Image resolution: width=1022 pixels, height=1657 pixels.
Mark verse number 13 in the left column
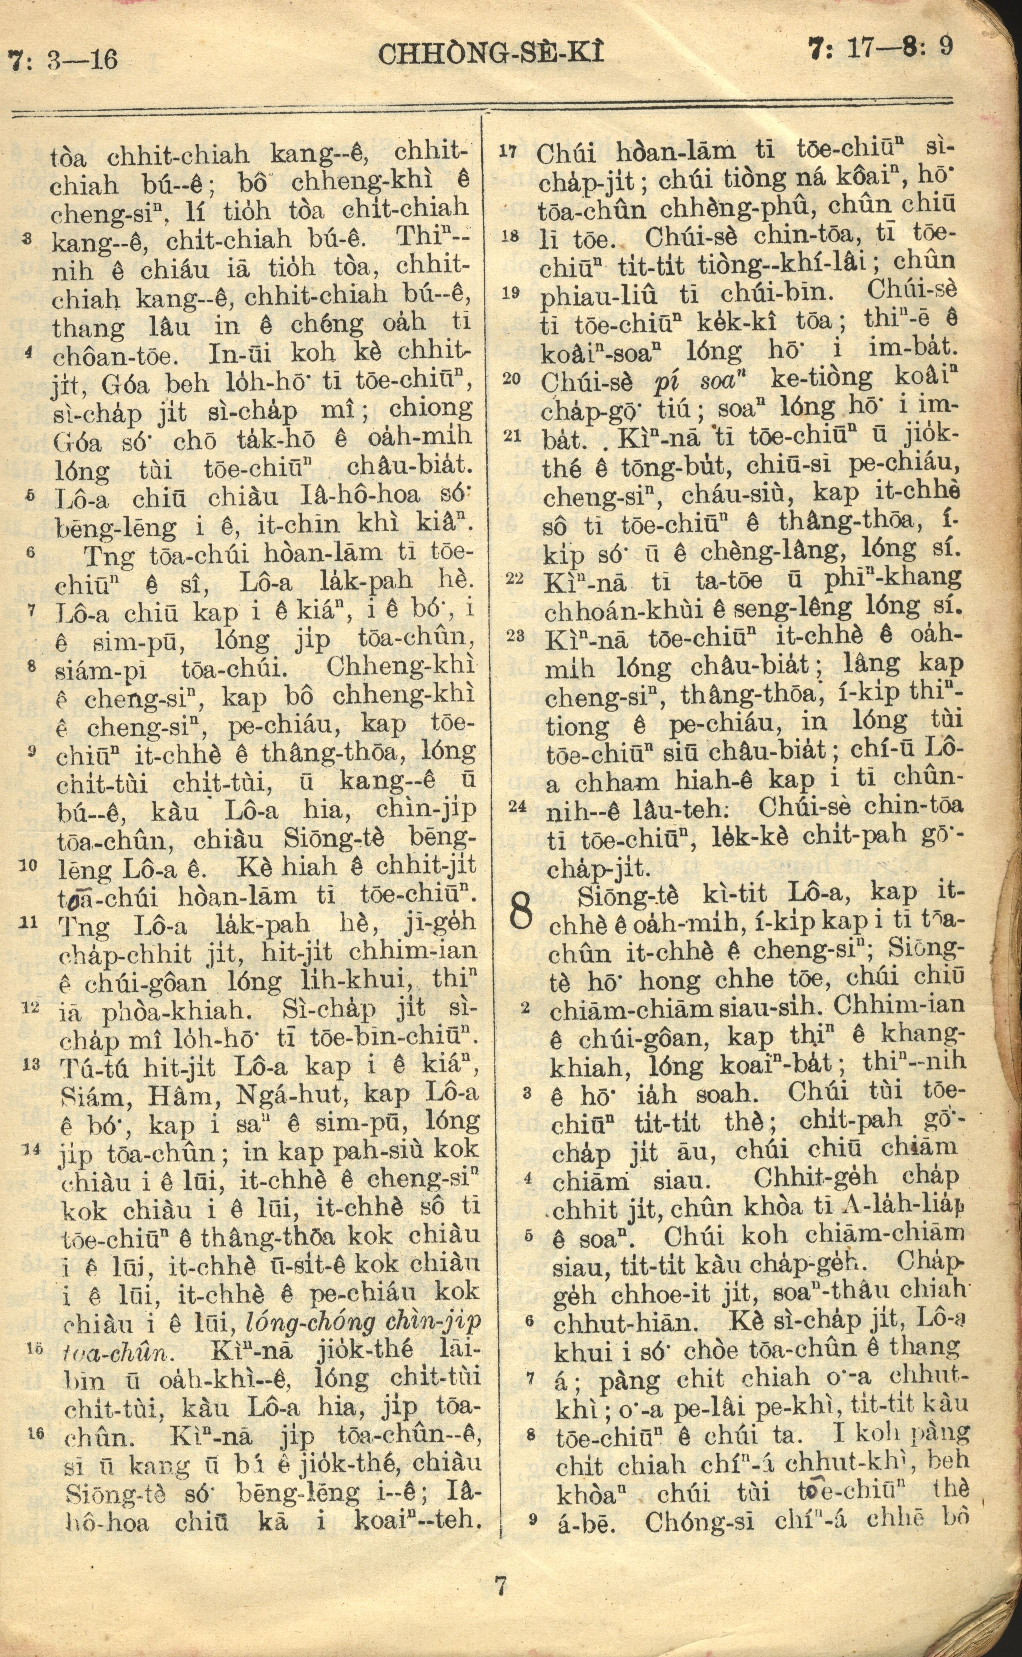31,1065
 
